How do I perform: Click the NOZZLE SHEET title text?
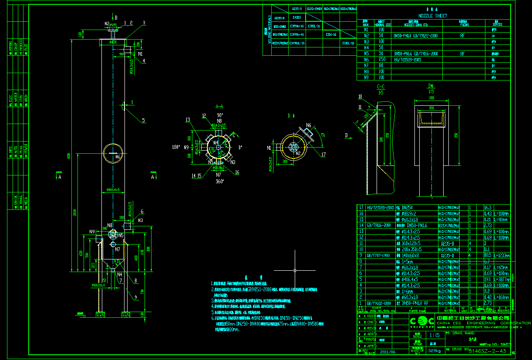(432, 16)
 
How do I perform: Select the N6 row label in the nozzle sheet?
(366, 59)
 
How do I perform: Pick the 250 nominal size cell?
(382, 59)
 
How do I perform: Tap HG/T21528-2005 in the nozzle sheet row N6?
(407, 59)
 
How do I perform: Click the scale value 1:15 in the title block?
(434, 335)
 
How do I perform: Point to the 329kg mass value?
(434, 350)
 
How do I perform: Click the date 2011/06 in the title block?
(388, 351)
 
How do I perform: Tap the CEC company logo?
(421, 321)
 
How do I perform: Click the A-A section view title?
(219, 106)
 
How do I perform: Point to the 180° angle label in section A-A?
(176, 147)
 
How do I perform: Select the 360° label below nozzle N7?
(219, 182)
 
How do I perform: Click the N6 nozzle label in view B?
(309, 125)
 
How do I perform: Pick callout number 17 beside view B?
(323, 154)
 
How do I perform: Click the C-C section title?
(380, 87)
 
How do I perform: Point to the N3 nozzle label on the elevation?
(140, 221)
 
